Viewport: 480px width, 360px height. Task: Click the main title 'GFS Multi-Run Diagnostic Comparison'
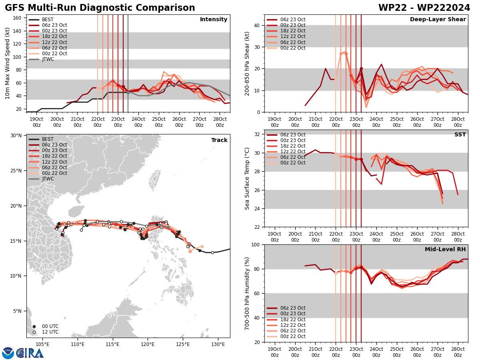pos(100,8)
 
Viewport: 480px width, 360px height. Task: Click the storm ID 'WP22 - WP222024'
pos(424,8)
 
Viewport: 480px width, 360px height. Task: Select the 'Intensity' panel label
pos(214,20)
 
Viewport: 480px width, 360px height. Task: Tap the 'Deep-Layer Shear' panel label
pos(438,20)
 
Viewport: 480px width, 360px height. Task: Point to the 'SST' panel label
pos(460,135)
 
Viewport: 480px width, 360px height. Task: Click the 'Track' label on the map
pos(219,140)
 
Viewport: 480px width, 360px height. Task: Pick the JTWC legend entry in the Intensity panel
pos(48,59)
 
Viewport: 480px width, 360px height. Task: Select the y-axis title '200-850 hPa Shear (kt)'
pos(247,63)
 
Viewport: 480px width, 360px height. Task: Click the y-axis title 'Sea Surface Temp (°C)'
pos(247,178)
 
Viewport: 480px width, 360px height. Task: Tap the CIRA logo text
pos(30,353)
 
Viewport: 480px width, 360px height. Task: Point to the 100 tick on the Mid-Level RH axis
pos(255,244)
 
